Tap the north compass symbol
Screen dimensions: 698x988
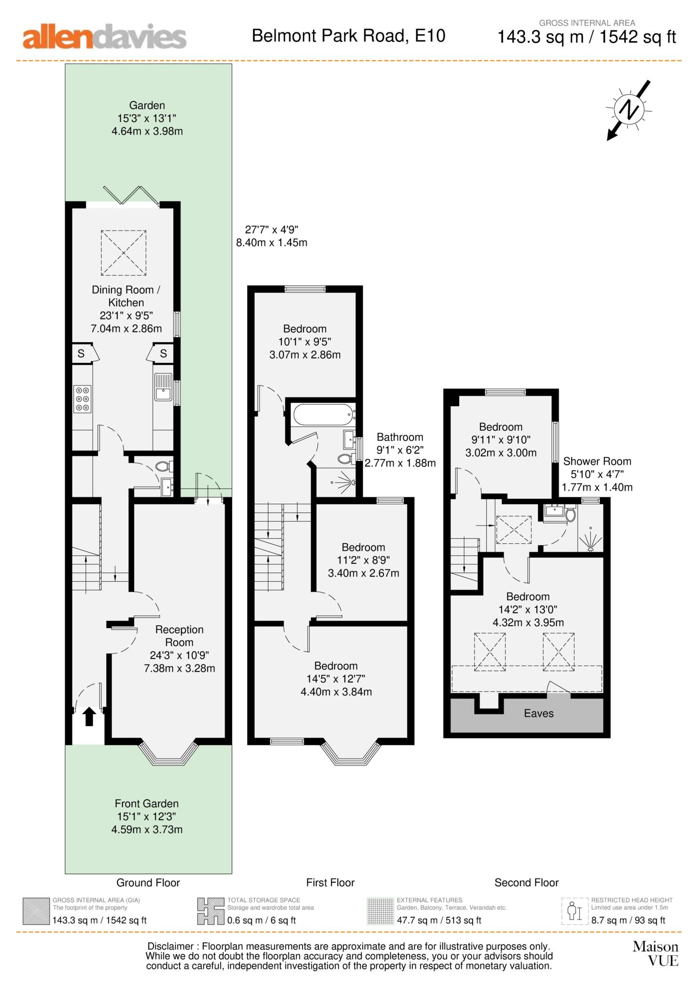pyautogui.click(x=629, y=110)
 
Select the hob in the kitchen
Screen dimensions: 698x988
pyautogui.click(x=82, y=398)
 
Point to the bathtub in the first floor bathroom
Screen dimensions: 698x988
pyautogui.click(x=323, y=415)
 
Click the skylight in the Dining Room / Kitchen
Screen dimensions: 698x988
pyautogui.click(x=123, y=253)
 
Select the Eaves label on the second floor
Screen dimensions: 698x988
pyautogui.click(x=539, y=713)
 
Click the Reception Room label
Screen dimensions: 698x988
pyautogui.click(x=179, y=636)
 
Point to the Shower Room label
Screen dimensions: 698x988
pyautogui.click(x=597, y=461)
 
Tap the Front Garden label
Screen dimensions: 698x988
pyautogui.click(x=147, y=804)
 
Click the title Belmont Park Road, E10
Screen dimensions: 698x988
pyautogui.click(x=349, y=36)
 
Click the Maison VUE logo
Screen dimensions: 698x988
pyautogui.click(x=656, y=954)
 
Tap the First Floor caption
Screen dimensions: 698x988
pyautogui.click(x=330, y=882)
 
